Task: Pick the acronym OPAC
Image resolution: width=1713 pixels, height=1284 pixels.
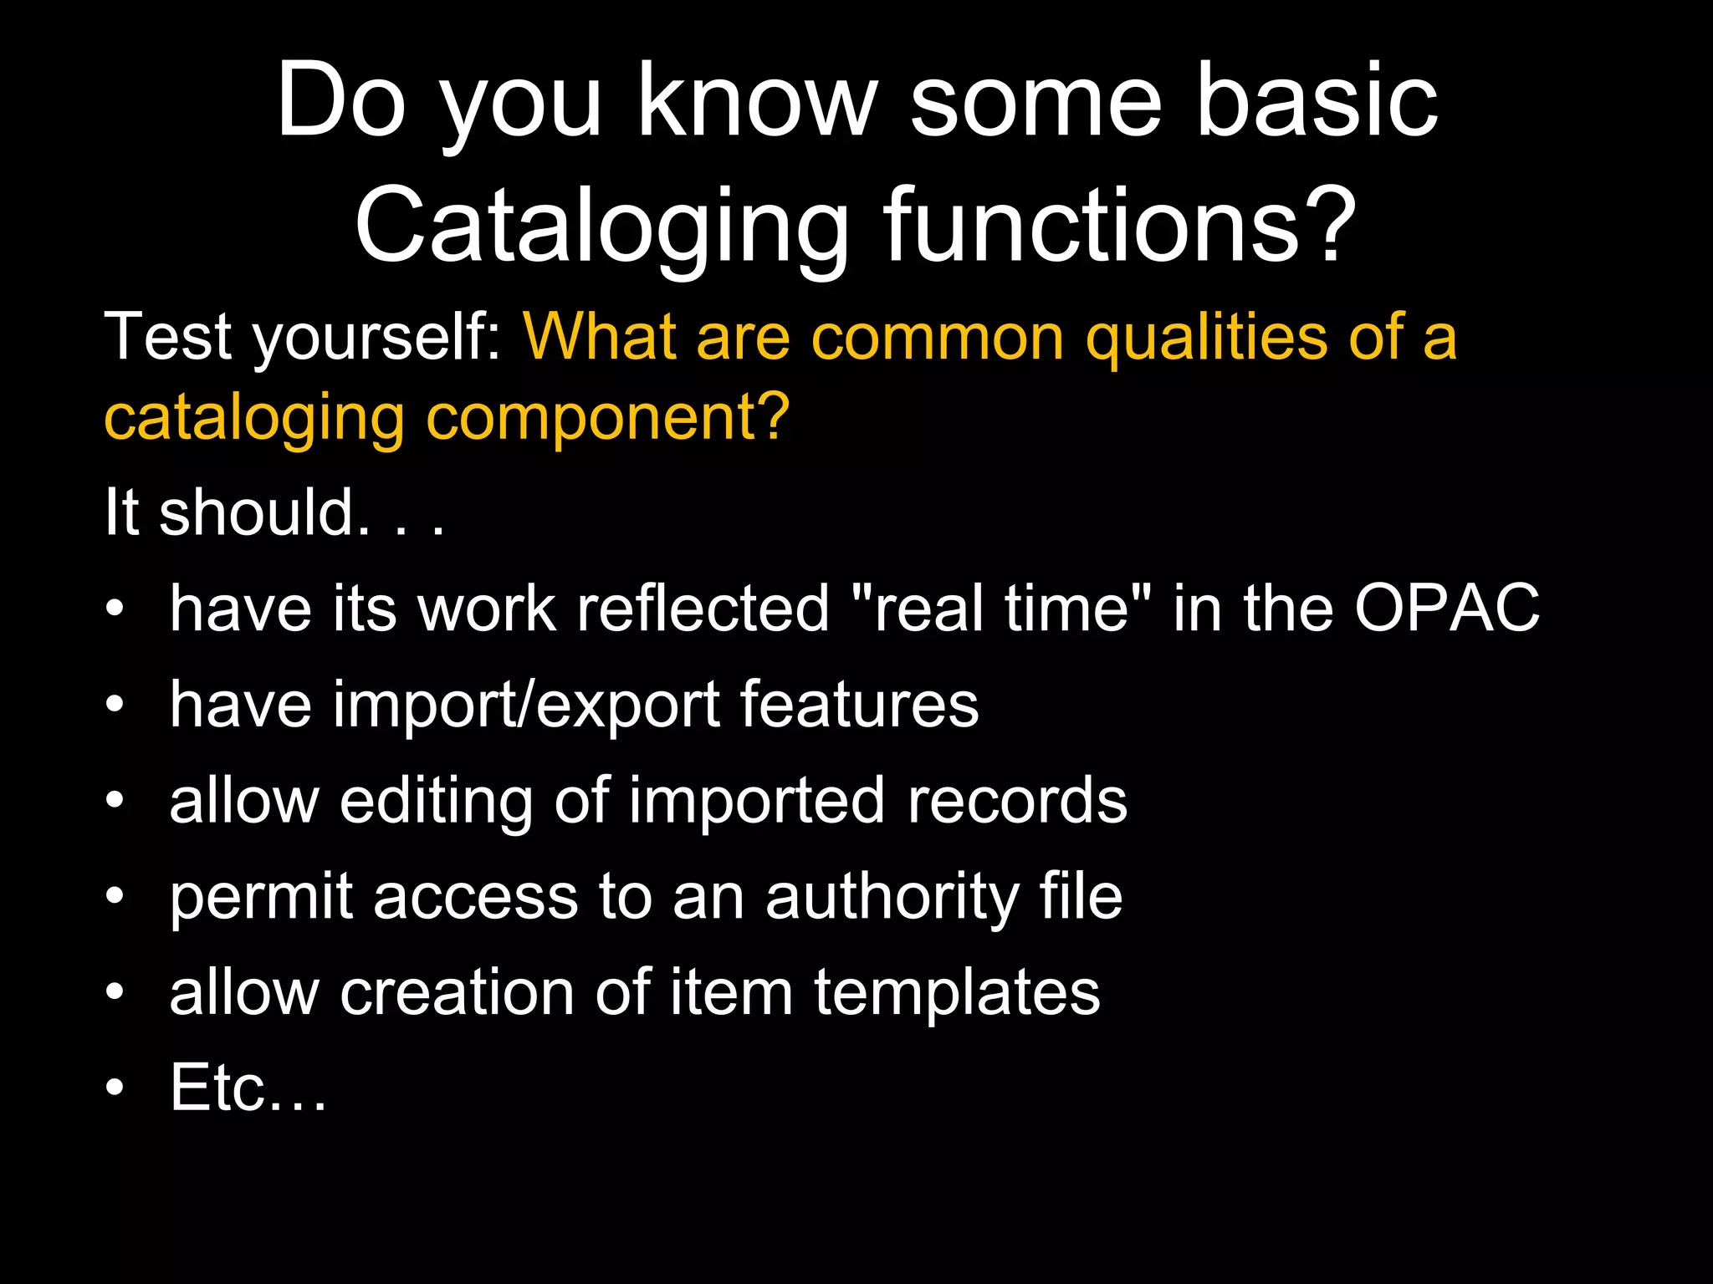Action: coord(1447,608)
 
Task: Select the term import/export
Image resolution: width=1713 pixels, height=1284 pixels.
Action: coord(443,705)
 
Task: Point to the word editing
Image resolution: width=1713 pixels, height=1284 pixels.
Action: coord(436,801)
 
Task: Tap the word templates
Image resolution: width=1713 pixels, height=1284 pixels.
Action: coord(957,992)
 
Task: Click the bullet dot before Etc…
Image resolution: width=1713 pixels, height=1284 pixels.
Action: coord(115,1088)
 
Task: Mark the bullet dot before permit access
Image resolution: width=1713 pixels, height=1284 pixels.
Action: coord(115,896)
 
